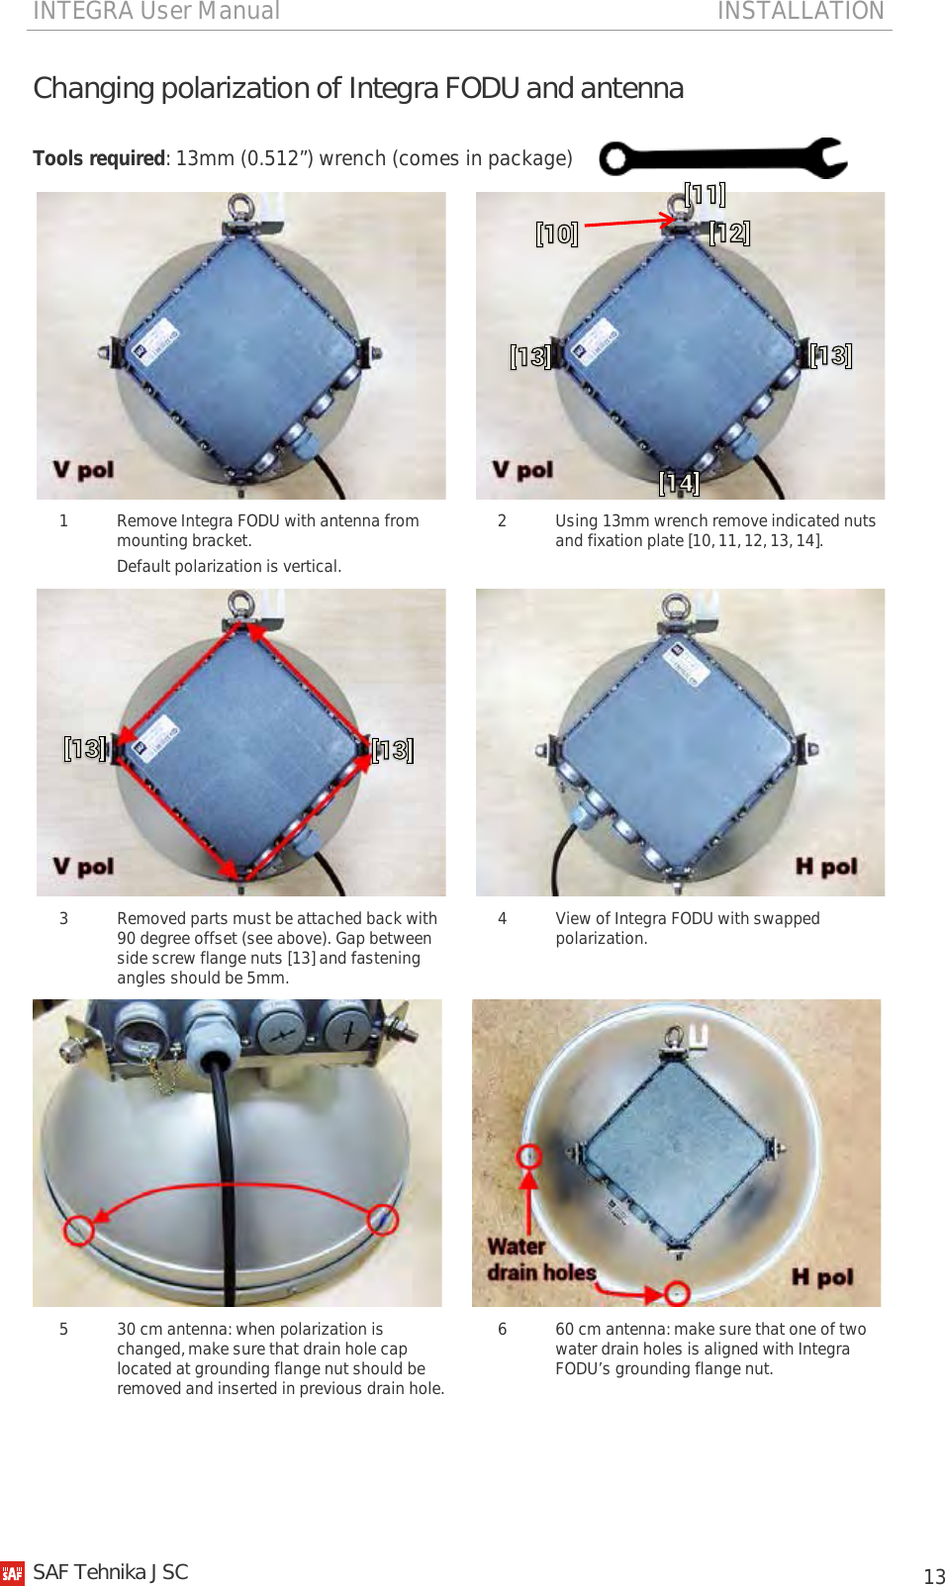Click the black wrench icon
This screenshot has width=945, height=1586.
pos(722,158)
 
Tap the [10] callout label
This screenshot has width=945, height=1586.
pos(556,233)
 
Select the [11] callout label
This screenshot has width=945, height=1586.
pos(705,194)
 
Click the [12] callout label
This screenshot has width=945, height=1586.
pos(730,233)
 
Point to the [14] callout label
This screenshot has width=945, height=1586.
pos(679,482)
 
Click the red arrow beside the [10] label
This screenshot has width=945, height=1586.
pos(628,223)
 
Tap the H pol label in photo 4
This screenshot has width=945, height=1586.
pos(826,867)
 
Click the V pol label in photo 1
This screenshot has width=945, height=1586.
pos(83,470)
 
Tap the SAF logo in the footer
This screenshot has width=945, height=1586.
pos(12,1573)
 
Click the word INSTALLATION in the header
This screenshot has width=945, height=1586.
pos(800,11)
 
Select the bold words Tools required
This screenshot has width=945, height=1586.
pos(98,158)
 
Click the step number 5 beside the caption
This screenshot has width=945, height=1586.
pos(63,1329)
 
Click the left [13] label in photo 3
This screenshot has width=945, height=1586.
pos(85,748)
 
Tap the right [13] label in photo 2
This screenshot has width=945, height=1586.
pos(830,355)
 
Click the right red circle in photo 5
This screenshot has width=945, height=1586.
pos(383,1219)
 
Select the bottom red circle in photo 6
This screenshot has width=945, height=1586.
pos(676,1292)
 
